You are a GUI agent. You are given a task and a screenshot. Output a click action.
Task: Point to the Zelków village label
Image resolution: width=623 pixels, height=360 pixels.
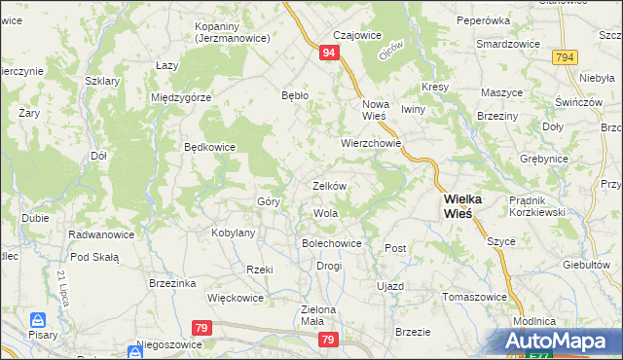[x=329, y=185]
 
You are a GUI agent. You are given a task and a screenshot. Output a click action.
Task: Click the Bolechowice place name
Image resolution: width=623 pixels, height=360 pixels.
[x=332, y=243]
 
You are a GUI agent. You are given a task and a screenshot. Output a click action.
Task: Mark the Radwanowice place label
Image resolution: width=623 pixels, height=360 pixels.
[x=100, y=235]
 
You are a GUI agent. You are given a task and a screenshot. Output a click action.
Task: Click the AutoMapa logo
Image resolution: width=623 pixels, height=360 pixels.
[x=561, y=341]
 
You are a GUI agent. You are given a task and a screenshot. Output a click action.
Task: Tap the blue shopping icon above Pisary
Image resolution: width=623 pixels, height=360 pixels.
[x=37, y=319]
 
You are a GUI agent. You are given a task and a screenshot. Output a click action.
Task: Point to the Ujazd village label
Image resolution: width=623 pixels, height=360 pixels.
[x=389, y=286]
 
